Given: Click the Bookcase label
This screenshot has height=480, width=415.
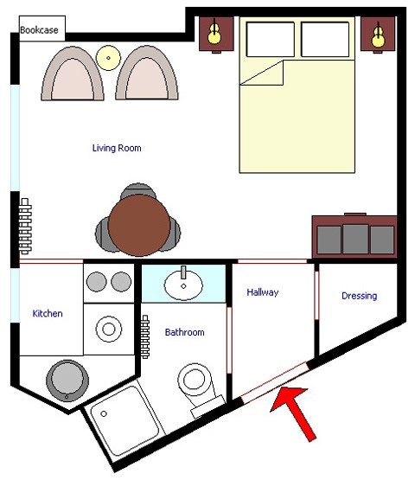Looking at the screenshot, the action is [x=39, y=30].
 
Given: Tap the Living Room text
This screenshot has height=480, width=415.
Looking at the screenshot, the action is [x=117, y=148].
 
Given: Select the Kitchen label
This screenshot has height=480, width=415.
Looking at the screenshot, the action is [x=48, y=313].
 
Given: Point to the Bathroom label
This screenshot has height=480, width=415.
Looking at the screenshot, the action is [x=184, y=332].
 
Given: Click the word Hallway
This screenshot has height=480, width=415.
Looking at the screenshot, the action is [x=263, y=292].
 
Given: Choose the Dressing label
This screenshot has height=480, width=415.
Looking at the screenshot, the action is [x=360, y=296].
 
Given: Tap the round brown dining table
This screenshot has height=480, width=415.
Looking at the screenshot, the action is [x=139, y=226].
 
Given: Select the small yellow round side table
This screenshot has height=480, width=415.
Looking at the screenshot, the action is [x=108, y=58].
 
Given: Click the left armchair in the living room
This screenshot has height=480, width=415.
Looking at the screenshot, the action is [x=73, y=74].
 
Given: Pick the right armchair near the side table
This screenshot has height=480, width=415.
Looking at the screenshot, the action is [x=147, y=74].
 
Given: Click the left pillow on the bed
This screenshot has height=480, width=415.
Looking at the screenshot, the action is [x=271, y=39].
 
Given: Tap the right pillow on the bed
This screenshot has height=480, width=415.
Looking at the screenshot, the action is [x=325, y=39].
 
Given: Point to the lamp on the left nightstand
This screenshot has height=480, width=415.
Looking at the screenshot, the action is [x=214, y=33].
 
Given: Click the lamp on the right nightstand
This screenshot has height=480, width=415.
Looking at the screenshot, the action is [x=379, y=35].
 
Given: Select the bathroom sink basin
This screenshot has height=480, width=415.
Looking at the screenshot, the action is [x=183, y=285].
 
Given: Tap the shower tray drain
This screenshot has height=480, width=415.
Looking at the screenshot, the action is [x=104, y=414].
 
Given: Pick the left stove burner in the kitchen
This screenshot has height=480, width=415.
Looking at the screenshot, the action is [x=97, y=282].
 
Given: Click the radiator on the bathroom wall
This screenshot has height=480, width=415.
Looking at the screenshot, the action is [x=145, y=336].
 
